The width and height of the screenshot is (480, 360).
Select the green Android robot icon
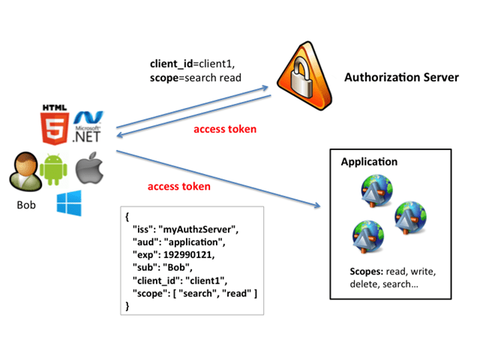pos(54,169)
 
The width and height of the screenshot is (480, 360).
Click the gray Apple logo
pos(88,169)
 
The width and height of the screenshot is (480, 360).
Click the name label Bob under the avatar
pos(26,204)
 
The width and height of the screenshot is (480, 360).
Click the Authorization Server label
pos(401,78)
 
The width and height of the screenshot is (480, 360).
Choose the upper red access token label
pos(225,129)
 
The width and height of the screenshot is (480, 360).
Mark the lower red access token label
pos(178,186)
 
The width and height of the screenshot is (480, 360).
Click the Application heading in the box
pos(369,162)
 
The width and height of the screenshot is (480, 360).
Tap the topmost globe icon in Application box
pos(373,190)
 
